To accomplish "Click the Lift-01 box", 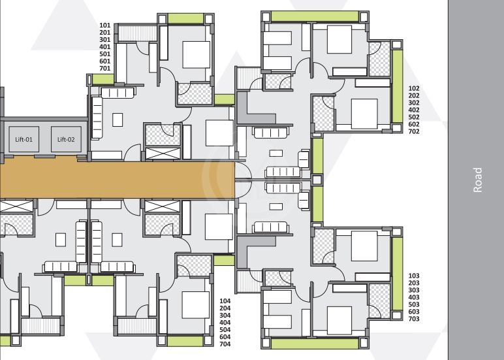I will pyautogui.click(x=24, y=139).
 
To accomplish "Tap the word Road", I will pyautogui.click(x=477, y=180).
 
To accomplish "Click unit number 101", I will pyautogui.click(x=105, y=25).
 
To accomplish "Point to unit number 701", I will pyautogui.click(x=105, y=69).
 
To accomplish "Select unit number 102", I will pyautogui.click(x=414, y=88).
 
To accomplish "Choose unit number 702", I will pyautogui.click(x=414, y=131).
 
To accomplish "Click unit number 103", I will pyautogui.click(x=414, y=276).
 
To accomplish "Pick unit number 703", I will pyautogui.click(x=414, y=319).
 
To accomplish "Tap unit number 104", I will pyautogui.click(x=225, y=301).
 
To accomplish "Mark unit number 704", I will pyautogui.click(x=225, y=344).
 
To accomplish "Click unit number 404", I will pyautogui.click(x=225, y=323).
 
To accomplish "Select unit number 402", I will pyautogui.click(x=414, y=110).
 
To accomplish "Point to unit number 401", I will pyautogui.click(x=105, y=47).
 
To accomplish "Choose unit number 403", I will pyautogui.click(x=414, y=297).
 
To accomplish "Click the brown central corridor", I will pyautogui.click(x=118, y=179).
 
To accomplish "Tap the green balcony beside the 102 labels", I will pyautogui.click(x=397, y=86).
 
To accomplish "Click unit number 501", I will pyautogui.click(x=105, y=54).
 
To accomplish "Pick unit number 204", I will pyautogui.click(x=225, y=308).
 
